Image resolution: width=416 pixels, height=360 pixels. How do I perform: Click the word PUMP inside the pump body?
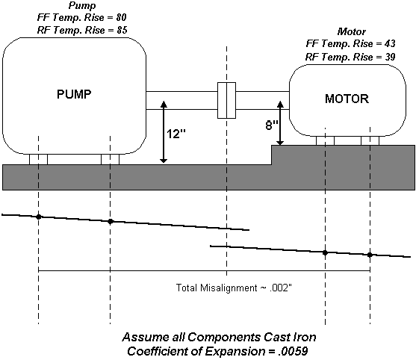click(x=74, y=94)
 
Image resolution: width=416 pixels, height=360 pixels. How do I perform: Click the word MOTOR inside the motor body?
click(x=347, y=99)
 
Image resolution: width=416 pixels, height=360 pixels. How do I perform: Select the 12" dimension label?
click(x=176, y=134)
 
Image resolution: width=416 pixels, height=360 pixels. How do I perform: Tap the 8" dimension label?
click(x=272, y=125)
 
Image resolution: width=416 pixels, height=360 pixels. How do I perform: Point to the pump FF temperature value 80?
click(x=121, y=17)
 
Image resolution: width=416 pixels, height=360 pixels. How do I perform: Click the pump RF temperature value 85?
click(x=122, y=30)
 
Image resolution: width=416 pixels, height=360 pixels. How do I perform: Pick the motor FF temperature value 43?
click(x=390, y=43)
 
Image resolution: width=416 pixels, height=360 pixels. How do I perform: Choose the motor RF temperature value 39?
click(x=390, y=57)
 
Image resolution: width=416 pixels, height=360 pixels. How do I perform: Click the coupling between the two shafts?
click(x=226, y=100)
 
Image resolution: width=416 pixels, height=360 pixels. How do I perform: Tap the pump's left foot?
click(x=39, y=159)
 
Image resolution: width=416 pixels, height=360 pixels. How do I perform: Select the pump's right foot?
click(x=110, y=159)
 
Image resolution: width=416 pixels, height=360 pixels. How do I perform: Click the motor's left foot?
click(x=325, y=140)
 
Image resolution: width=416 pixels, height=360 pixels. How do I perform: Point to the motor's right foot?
click(x=370, y=140)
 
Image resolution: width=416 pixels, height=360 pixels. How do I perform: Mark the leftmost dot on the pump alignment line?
click(x=39, y=217)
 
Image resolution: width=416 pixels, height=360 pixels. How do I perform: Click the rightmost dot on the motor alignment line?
click(x=370, y=255)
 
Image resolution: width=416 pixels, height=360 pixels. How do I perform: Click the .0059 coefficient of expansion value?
click(x=294, y=351)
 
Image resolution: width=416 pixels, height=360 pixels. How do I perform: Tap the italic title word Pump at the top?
click(x=82, y=6)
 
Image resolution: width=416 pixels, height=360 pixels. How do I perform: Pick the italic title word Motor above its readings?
click(x=352, y=31)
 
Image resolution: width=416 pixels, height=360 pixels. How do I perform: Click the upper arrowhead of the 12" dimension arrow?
click(x=164, y=104)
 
